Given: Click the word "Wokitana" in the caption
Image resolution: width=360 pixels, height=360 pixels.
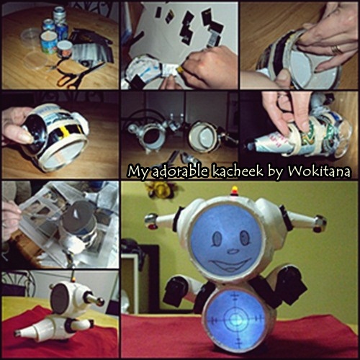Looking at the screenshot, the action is [x=319, y=171].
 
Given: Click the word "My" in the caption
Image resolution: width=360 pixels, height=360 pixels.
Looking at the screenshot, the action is [x=139, y=172].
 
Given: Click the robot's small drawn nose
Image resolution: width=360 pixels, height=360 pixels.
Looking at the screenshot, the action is [x=233, y=251].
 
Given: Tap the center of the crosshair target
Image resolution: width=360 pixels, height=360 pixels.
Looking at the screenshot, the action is [x=235, y=320].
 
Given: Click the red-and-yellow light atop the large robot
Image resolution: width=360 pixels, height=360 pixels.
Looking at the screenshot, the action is [x=234, y=191].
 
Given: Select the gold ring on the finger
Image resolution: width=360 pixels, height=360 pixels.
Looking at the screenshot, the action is [x=336, y=50].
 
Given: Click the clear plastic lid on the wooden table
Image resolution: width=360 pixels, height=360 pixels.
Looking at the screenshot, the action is [x=31, y=35].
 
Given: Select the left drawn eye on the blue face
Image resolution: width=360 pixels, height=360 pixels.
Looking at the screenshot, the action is [x=218, y=238].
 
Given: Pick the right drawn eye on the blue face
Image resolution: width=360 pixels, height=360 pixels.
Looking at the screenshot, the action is [x=245, y=238].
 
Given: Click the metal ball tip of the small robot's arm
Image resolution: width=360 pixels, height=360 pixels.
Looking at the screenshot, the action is [x=100, y=301].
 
